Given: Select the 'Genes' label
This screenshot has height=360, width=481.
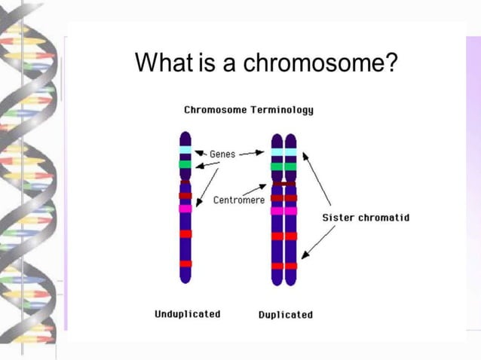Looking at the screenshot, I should click(x=222, y=154).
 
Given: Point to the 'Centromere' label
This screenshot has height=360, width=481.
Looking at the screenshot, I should click(x=238, y=200).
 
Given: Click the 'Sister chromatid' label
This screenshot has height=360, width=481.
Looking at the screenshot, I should click(x=366, y=218).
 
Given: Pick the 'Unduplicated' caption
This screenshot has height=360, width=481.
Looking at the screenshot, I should click(x=187, y=314).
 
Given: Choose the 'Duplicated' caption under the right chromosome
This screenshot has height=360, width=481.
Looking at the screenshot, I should click(x=285, y=315).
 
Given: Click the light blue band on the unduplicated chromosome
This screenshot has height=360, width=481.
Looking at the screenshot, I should click(x=185, y=151).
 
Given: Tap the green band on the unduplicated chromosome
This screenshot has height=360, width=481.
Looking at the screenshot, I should click(x=185, y=163).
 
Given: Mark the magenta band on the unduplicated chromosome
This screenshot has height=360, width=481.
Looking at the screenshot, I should click(x=185, y=209).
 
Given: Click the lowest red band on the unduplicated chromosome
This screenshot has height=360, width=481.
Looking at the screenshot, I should click(x=185, y=264).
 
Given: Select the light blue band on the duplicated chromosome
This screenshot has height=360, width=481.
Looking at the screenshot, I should click(x=284, y=152).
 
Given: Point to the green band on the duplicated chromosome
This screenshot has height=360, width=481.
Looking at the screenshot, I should click(x=284, y=166).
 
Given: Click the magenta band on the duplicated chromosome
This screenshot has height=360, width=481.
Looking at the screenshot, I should click(x=284, y=211).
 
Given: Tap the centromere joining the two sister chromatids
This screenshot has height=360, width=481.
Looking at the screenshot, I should click(x=284, y=183).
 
